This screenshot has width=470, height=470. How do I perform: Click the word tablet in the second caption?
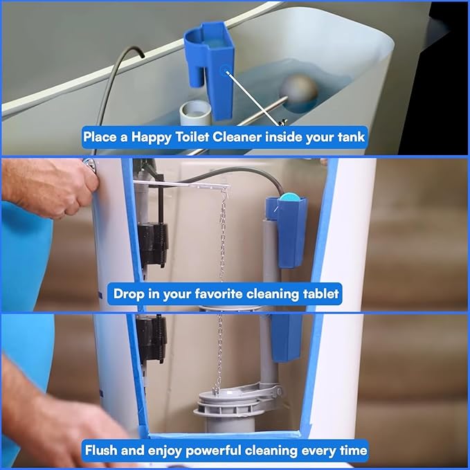click(320, 293)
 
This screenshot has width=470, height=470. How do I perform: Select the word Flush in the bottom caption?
click(102, 450)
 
